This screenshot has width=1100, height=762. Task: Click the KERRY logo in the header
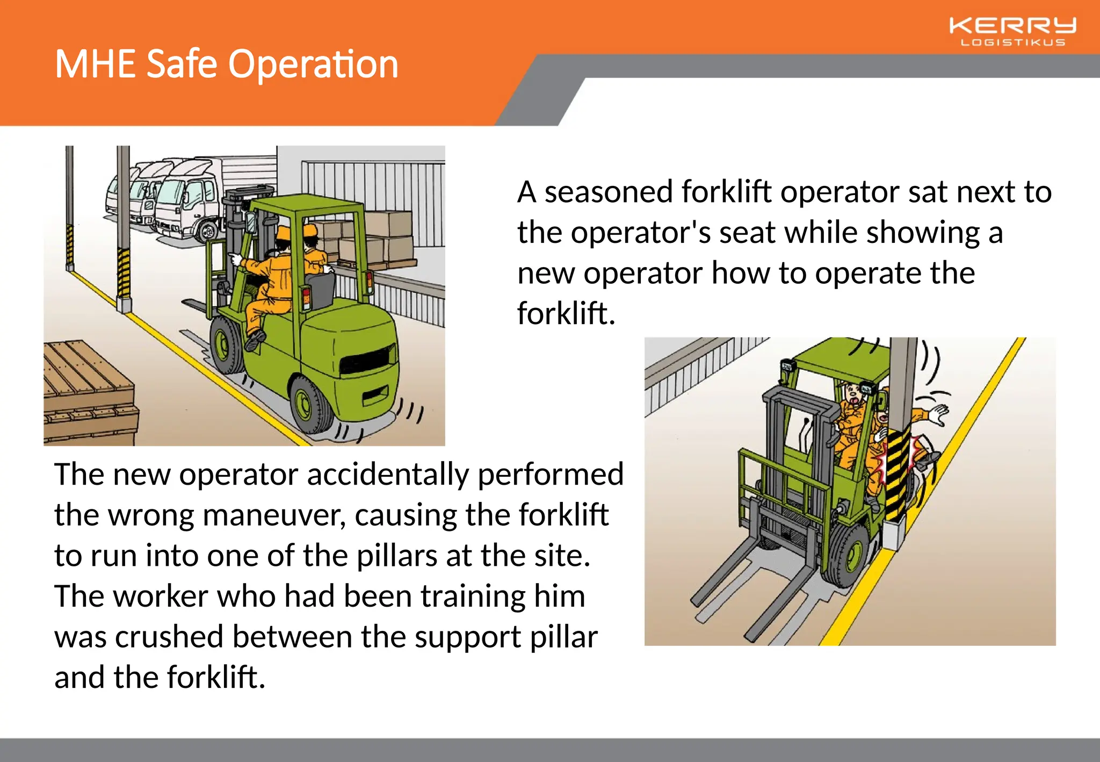tap(1012, 26)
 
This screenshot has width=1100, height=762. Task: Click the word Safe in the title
tap(182, 64)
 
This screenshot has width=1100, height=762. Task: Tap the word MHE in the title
tap(95, 64)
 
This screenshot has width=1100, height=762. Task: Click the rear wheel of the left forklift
tap(310, 403)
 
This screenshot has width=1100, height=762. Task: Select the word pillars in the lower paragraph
tap(396, 556)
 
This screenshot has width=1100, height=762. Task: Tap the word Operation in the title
tap(313, 64)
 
